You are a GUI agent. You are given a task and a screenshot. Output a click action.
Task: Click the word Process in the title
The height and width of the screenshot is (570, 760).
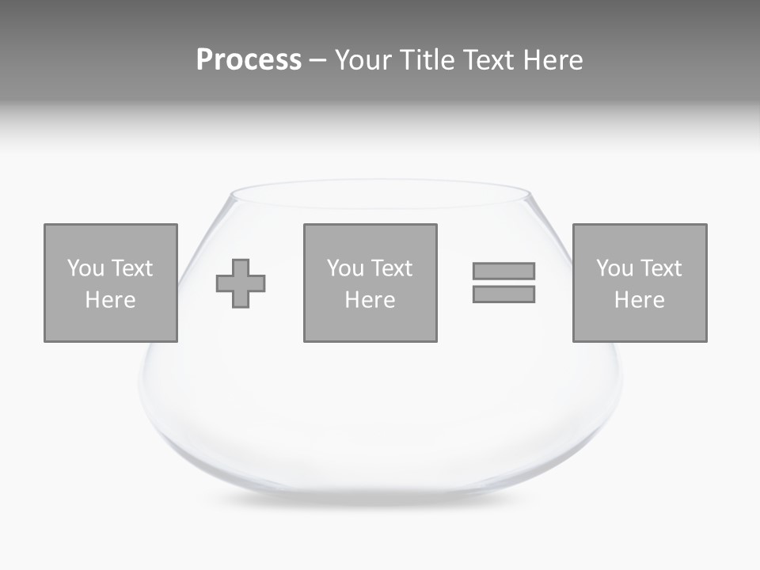point(249,60)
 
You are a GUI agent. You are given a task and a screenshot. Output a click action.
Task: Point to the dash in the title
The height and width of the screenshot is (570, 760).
point(317,61)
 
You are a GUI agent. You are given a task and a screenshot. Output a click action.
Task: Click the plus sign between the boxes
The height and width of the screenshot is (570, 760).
point(241,283)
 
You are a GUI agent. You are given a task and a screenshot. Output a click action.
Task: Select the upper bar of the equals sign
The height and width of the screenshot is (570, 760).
point(503,271)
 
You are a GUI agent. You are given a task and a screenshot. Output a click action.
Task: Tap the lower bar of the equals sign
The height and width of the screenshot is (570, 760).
point(503,294)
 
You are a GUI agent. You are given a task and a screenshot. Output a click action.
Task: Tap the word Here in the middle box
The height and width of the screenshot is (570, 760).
point(370,300)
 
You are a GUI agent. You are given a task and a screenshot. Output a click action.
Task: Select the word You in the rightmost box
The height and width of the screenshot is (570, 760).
point(614,268)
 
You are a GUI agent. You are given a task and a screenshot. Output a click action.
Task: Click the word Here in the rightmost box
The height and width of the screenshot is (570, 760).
point(640,300)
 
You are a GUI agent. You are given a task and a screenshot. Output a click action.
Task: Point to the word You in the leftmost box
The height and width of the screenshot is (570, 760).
point(85,268)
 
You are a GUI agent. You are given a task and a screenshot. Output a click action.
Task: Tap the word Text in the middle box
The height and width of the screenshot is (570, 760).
point(391,268)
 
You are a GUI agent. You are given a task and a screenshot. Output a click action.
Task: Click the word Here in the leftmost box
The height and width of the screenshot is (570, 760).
point(111,300)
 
